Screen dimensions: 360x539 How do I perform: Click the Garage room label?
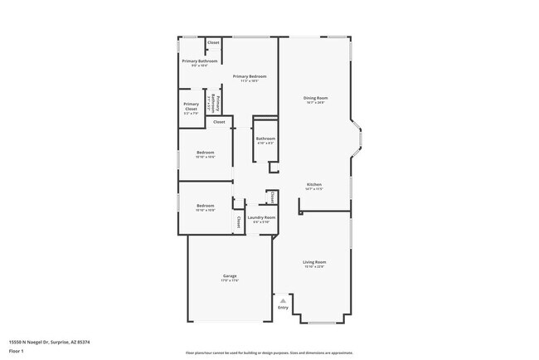pos(230,275)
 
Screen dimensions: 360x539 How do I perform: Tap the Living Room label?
pos(314,261)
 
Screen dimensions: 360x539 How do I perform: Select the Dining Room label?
pos(316,97)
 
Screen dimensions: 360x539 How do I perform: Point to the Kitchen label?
pos(314,184)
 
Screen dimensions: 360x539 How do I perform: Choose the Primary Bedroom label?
pos(250,76)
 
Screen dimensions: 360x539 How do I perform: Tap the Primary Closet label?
pos(191,105)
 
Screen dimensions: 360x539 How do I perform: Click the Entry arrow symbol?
pos(283,300)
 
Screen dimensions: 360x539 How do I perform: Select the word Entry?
pos(283,308)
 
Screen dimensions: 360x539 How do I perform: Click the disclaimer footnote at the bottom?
pos(269,353)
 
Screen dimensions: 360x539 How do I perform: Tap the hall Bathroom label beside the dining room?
pos(265,139)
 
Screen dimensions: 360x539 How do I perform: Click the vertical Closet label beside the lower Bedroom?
pos(239,221)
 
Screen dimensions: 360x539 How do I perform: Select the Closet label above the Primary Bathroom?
pos(213,42)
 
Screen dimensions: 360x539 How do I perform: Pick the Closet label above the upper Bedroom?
pos(219,122)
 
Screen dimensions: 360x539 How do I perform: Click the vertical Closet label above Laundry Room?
pos(272,197)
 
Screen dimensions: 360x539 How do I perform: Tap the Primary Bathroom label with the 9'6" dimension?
pos(200,61)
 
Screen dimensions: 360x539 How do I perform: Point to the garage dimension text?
pos(230,280)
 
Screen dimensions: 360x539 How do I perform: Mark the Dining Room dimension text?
pos(316,102)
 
